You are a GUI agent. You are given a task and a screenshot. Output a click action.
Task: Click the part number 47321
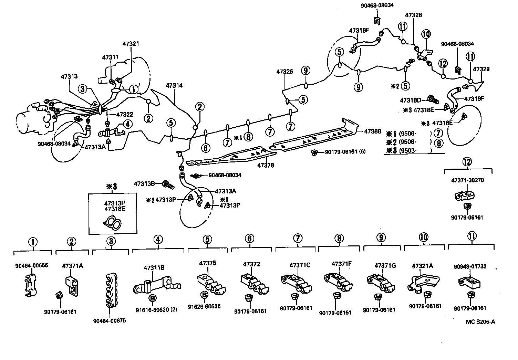[131, 44]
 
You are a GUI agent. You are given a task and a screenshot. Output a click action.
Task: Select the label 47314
[174, 85]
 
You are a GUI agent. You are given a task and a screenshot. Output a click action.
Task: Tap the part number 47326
[284, 72]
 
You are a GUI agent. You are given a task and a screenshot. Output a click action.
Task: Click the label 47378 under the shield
[266, 165]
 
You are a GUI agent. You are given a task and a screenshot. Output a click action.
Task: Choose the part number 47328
[413, 15]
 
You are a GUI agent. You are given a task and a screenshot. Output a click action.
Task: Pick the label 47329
[481, 69]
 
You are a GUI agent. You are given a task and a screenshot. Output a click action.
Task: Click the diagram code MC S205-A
[480, 322]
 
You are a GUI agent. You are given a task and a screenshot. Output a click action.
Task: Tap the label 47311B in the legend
[154, 267]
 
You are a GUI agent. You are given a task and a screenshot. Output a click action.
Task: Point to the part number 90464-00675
[110, 321]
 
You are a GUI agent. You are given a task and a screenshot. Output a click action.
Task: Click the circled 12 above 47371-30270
[467, 161]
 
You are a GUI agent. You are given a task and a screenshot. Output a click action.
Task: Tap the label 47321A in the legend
[423, 266]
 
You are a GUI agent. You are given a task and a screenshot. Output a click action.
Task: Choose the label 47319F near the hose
[474, 98]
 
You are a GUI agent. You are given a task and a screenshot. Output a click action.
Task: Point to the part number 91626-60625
[204, 306]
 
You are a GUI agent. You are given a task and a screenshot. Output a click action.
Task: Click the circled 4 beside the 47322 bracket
[127, 124]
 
